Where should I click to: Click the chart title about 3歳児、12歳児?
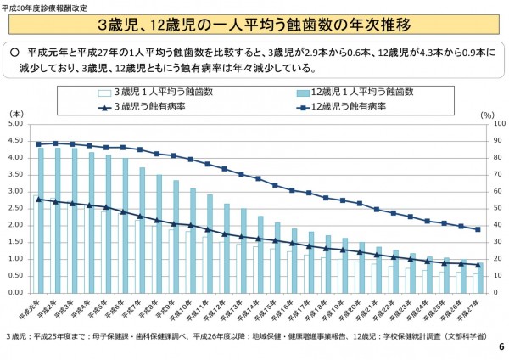[x=255, y=24]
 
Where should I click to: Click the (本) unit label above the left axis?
[x=15, y=113]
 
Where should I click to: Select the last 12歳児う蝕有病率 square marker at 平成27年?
[x=478, y=229]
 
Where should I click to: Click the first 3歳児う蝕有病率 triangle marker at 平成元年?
[x=38, y=199]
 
